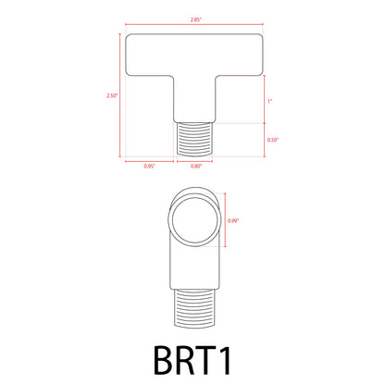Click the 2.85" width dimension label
pos(195,18)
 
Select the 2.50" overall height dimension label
pos(113,95)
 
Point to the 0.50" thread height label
pos(273,140)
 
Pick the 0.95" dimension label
pos(149,166)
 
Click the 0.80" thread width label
pos(195,166)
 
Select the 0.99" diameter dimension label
pos(233,221)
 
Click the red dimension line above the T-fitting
pos(195,25)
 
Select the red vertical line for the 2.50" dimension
pos(121,95)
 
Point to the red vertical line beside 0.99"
pos(223,221)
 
